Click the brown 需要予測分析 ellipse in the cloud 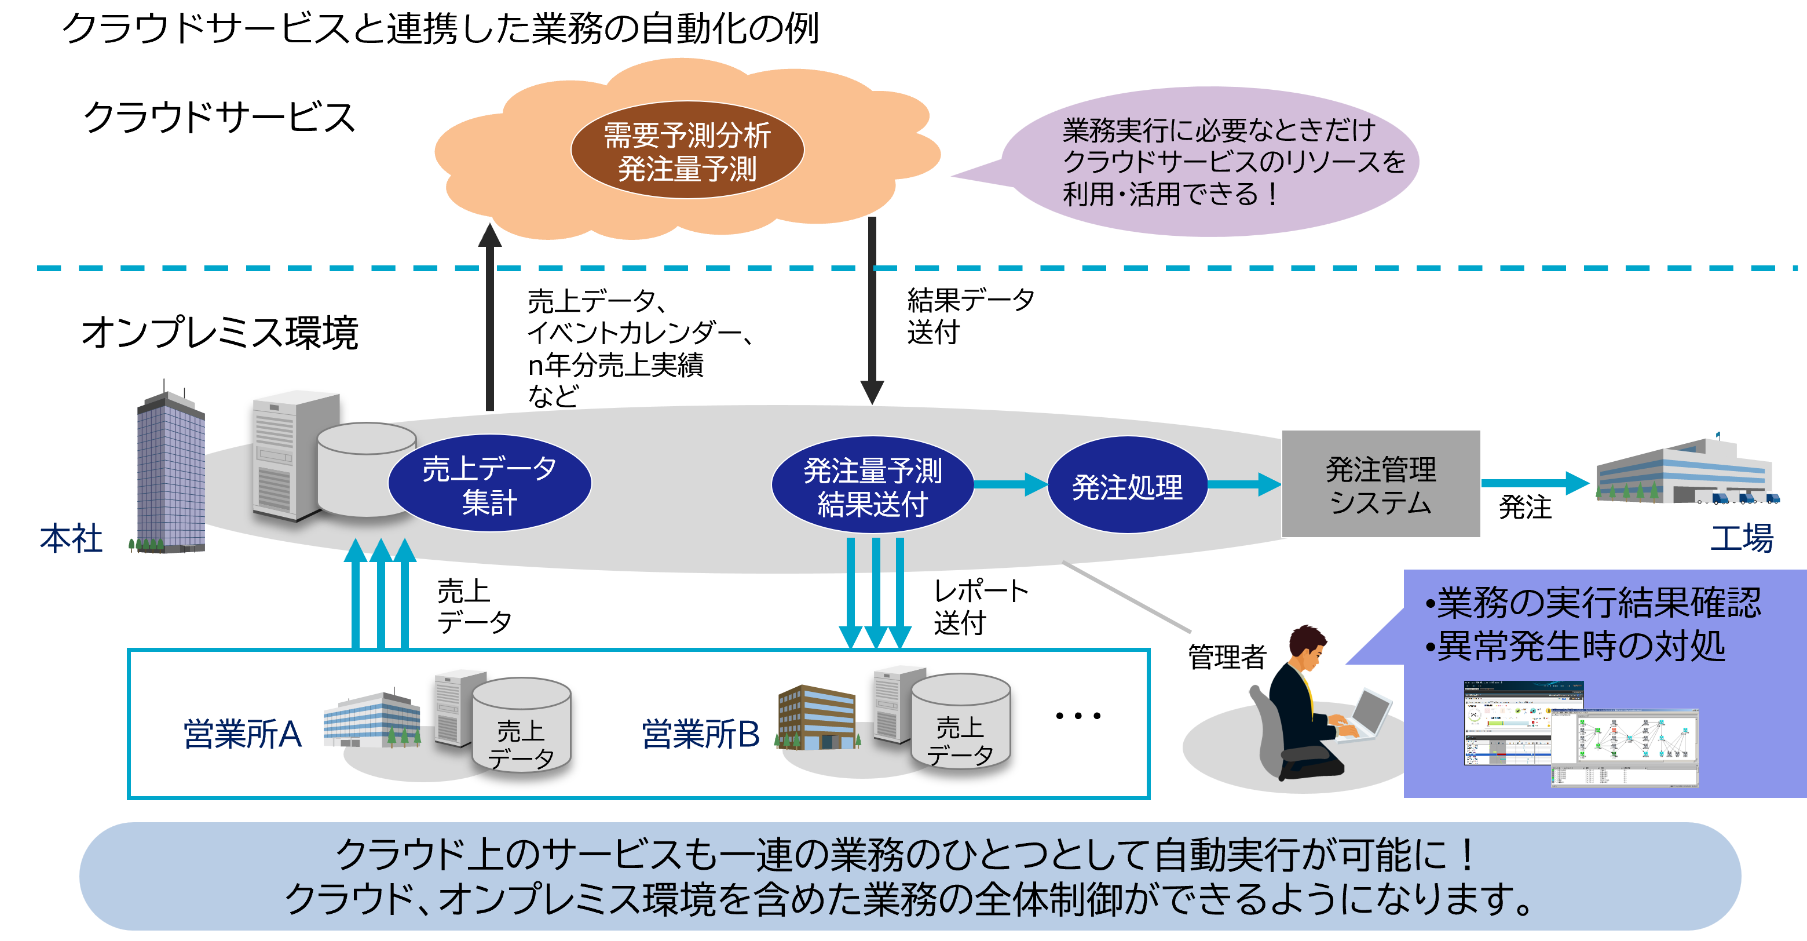687,150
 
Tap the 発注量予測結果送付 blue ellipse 872,486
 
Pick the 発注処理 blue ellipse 1126,486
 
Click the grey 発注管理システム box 1381,484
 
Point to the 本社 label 71,539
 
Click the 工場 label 1742,539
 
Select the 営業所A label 243,734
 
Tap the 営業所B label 701,734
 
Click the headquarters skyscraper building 170,470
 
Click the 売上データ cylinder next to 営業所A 521,726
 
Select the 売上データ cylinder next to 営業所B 960,723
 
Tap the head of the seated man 1307,645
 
